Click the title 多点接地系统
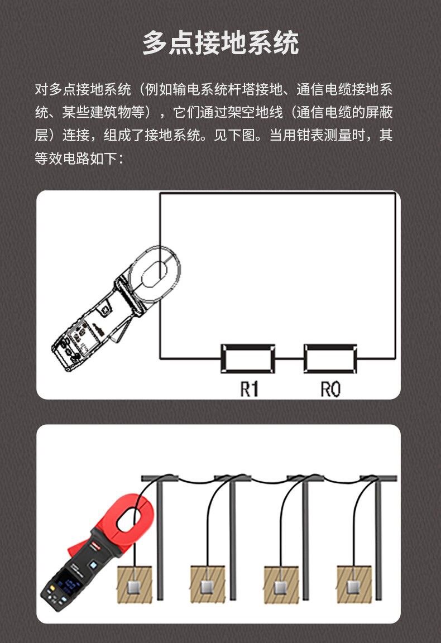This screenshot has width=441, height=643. point(220,42)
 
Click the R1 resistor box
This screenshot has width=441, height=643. point(248,359)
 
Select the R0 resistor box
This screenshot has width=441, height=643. point(330,359)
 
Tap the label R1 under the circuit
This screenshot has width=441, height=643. point(250,389)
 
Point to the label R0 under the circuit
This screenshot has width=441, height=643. point(330,389)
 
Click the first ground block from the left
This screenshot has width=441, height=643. point(135,585)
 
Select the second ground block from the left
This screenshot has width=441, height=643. point(208,585)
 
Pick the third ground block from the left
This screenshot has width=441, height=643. point(281,585)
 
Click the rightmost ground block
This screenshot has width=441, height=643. point(354,585)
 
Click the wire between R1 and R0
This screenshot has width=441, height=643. point(289,359)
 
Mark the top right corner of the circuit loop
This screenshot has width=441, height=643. point(395,193)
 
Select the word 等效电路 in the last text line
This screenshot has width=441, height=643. point(62,158)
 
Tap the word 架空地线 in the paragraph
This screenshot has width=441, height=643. point(255,112)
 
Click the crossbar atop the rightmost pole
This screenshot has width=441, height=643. point(378,478)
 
